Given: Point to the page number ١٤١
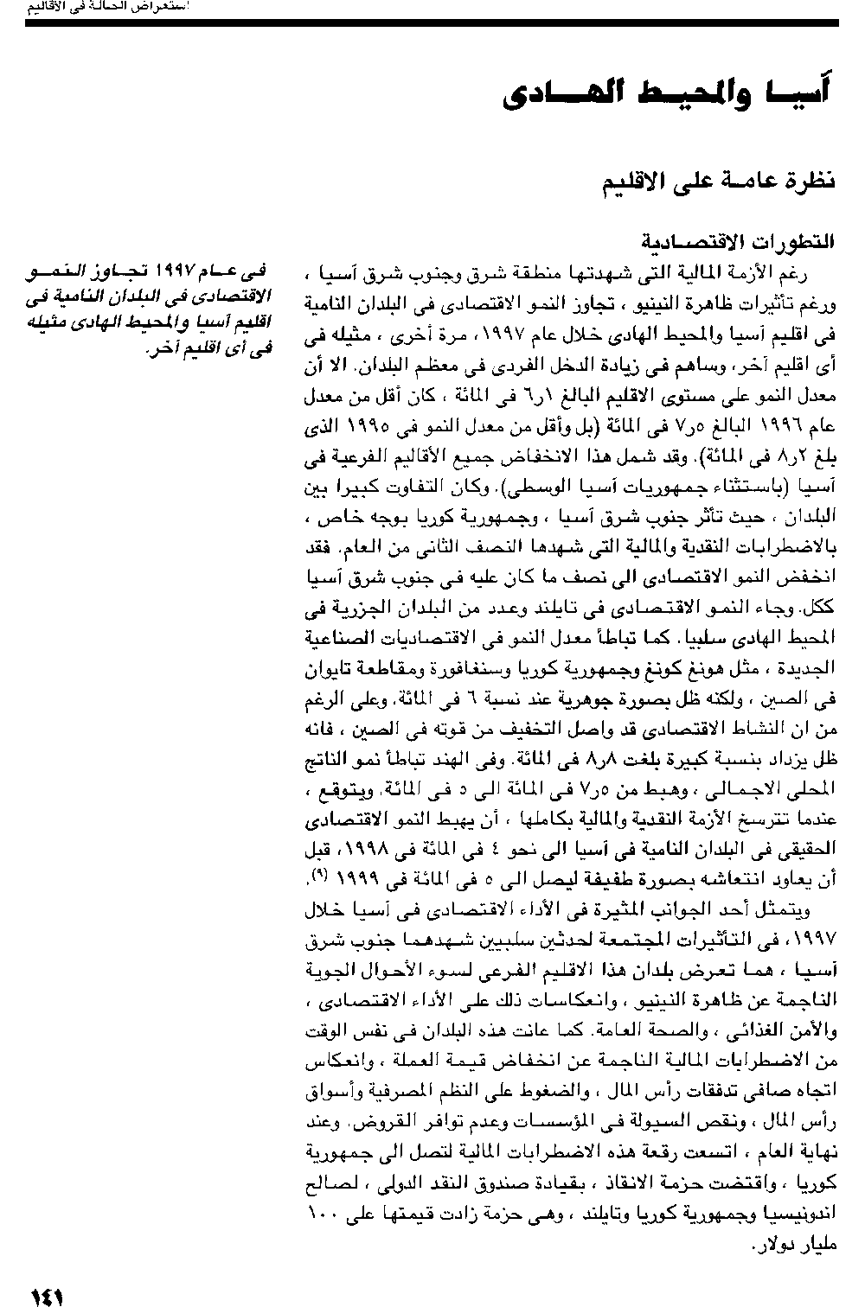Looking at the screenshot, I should [x=48, y=1295].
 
